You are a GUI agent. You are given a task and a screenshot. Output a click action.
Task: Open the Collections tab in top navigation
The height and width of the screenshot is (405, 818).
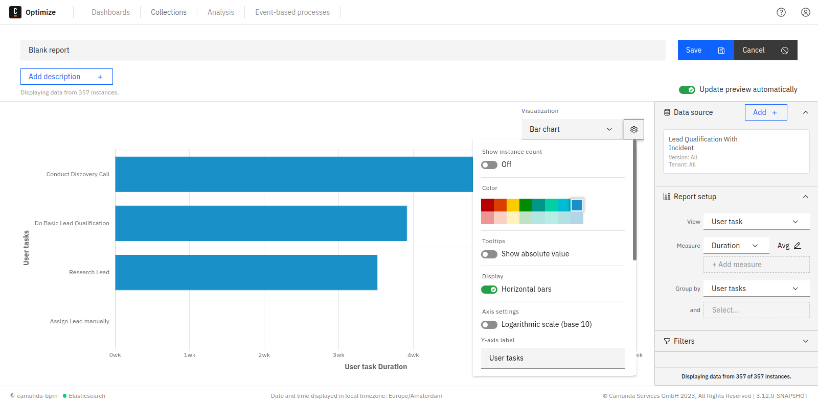click(x=168, y=12)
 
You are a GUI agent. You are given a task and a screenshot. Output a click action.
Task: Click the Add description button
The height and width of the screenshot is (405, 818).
click(x=66, y=77)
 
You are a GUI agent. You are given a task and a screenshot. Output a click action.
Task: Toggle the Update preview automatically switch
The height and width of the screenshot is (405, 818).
click(x=687, y=90)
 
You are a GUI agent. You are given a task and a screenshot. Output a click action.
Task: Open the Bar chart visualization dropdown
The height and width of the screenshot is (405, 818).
click(x=572, y=129)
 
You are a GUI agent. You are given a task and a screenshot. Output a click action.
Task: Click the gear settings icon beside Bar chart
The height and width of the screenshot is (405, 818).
click(x=634, y=130)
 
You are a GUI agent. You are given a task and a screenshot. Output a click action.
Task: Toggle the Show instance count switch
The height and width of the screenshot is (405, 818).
click(x=489, y=165)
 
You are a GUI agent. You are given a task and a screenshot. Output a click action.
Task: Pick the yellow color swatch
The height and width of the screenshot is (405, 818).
click(x=513, y=205)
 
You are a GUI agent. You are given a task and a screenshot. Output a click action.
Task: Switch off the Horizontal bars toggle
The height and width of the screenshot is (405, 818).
click(x=489, y=290)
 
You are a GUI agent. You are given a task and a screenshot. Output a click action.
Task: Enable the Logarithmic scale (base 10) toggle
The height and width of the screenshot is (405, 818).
click(x=489, y=325)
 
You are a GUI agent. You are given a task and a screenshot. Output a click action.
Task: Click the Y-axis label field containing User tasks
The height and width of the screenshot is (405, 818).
click(x=552, y=358)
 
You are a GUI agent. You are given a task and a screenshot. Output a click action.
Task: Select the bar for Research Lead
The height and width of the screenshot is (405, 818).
click(x=246, y=272)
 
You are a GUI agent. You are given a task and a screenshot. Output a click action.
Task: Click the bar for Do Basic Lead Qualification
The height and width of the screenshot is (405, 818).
click(x=261, y=223)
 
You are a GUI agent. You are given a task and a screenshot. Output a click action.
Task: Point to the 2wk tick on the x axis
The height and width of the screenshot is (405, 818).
click(x=264, y=355)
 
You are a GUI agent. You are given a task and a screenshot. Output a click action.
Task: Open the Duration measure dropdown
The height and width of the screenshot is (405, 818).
click(x=736, y=246)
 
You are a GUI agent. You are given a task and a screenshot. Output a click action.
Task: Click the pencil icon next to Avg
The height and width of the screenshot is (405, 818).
click(x=797, y=246)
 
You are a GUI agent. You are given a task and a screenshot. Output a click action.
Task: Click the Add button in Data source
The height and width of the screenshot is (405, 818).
click(x=765, y=112)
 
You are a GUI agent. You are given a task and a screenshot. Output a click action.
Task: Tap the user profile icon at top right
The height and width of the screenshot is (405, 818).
click(x=805, y=12)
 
